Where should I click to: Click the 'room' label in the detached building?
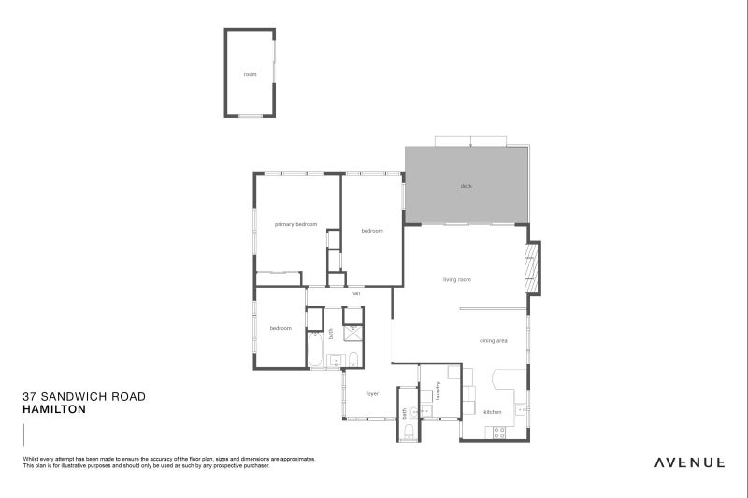(250, 74)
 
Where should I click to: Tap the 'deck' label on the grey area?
(466, 186)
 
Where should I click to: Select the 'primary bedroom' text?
(295, 225)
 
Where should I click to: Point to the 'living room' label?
(456, 279)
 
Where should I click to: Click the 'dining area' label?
(493, 341)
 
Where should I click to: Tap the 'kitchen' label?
(492, 412)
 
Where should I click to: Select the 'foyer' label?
(371, 393)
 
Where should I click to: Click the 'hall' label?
(356, 293)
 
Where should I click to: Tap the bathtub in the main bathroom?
(316, 353)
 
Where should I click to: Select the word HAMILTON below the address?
(54, 409)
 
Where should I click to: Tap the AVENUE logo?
(689, 461)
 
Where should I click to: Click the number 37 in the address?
(29, 396)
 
